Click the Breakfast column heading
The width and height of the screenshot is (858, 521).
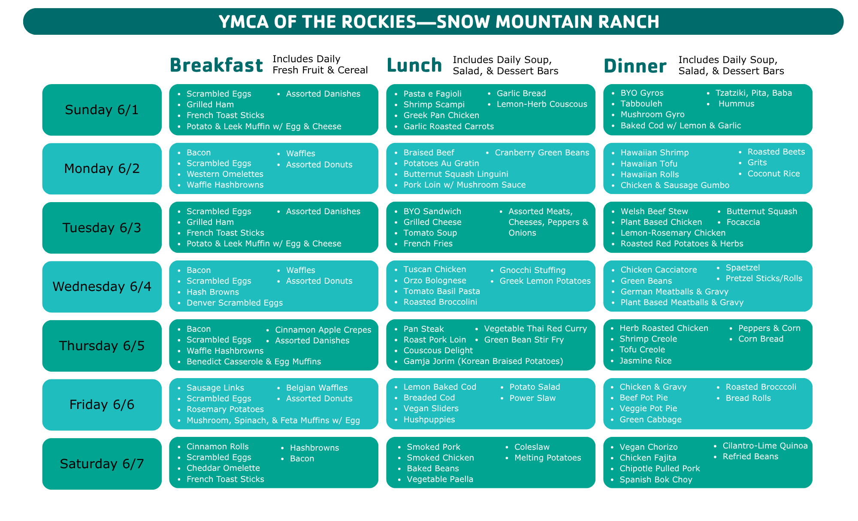(x=216, y=65)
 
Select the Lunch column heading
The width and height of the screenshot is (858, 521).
(x=414, y=65)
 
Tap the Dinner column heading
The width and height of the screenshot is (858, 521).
(x=635, y=66)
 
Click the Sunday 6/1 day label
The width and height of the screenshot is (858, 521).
(x=102, y=110)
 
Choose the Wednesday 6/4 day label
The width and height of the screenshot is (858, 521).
(x=102, y=286)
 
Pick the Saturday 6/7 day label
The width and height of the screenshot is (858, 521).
(x=102, y=463)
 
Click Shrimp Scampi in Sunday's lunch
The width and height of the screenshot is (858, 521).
(x=434, y=104)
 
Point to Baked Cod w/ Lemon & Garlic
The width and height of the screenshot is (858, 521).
(x=681, y=125)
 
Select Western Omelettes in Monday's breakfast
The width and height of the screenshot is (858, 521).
(x=225, y=174)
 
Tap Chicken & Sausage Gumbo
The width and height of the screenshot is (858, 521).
(x=675, y=185)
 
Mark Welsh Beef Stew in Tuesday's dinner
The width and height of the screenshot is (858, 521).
(x=654, y=211)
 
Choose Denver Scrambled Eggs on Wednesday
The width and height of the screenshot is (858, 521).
(x=235, y=303)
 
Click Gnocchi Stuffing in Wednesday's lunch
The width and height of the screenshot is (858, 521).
(x=532, y=270)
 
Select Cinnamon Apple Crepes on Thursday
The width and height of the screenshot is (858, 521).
(x=323, y=330)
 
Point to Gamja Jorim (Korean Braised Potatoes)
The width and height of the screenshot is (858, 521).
(x=483, y=361)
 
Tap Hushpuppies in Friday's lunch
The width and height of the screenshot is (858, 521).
(x=429, y=419)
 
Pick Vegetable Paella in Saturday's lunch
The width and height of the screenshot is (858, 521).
(x=440, y=479)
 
